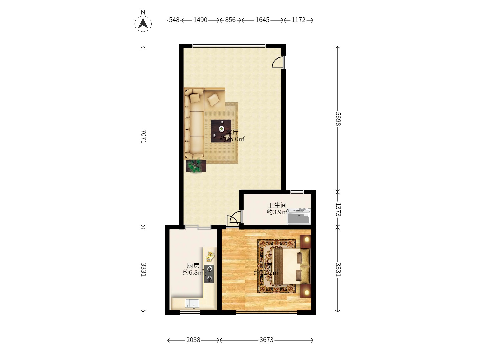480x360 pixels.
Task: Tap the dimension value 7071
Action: click(143, 136)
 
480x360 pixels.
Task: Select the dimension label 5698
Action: click(338, 119)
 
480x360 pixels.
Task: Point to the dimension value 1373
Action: click(338, 210)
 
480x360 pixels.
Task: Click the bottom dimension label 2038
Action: click(193, 340)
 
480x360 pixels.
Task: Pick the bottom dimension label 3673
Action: click(266, 340)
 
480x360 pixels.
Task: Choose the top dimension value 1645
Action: click(262, 20)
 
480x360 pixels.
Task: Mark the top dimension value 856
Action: click(230, 20)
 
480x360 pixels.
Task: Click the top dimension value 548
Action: click(174, 20)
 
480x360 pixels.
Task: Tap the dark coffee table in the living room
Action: click(221, 131)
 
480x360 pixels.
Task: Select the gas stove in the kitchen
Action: click(209, 274)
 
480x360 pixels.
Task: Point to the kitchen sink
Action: click(193, 303)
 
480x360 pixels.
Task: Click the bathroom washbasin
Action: click(299, 216)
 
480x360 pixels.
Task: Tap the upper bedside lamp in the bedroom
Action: click(306, 240)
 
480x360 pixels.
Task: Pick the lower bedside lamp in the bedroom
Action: click(306, 292)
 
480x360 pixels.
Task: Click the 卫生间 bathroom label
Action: click(277, 205)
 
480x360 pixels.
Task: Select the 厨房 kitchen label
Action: click(193, 266)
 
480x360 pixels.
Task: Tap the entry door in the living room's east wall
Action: click(278, 62)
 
